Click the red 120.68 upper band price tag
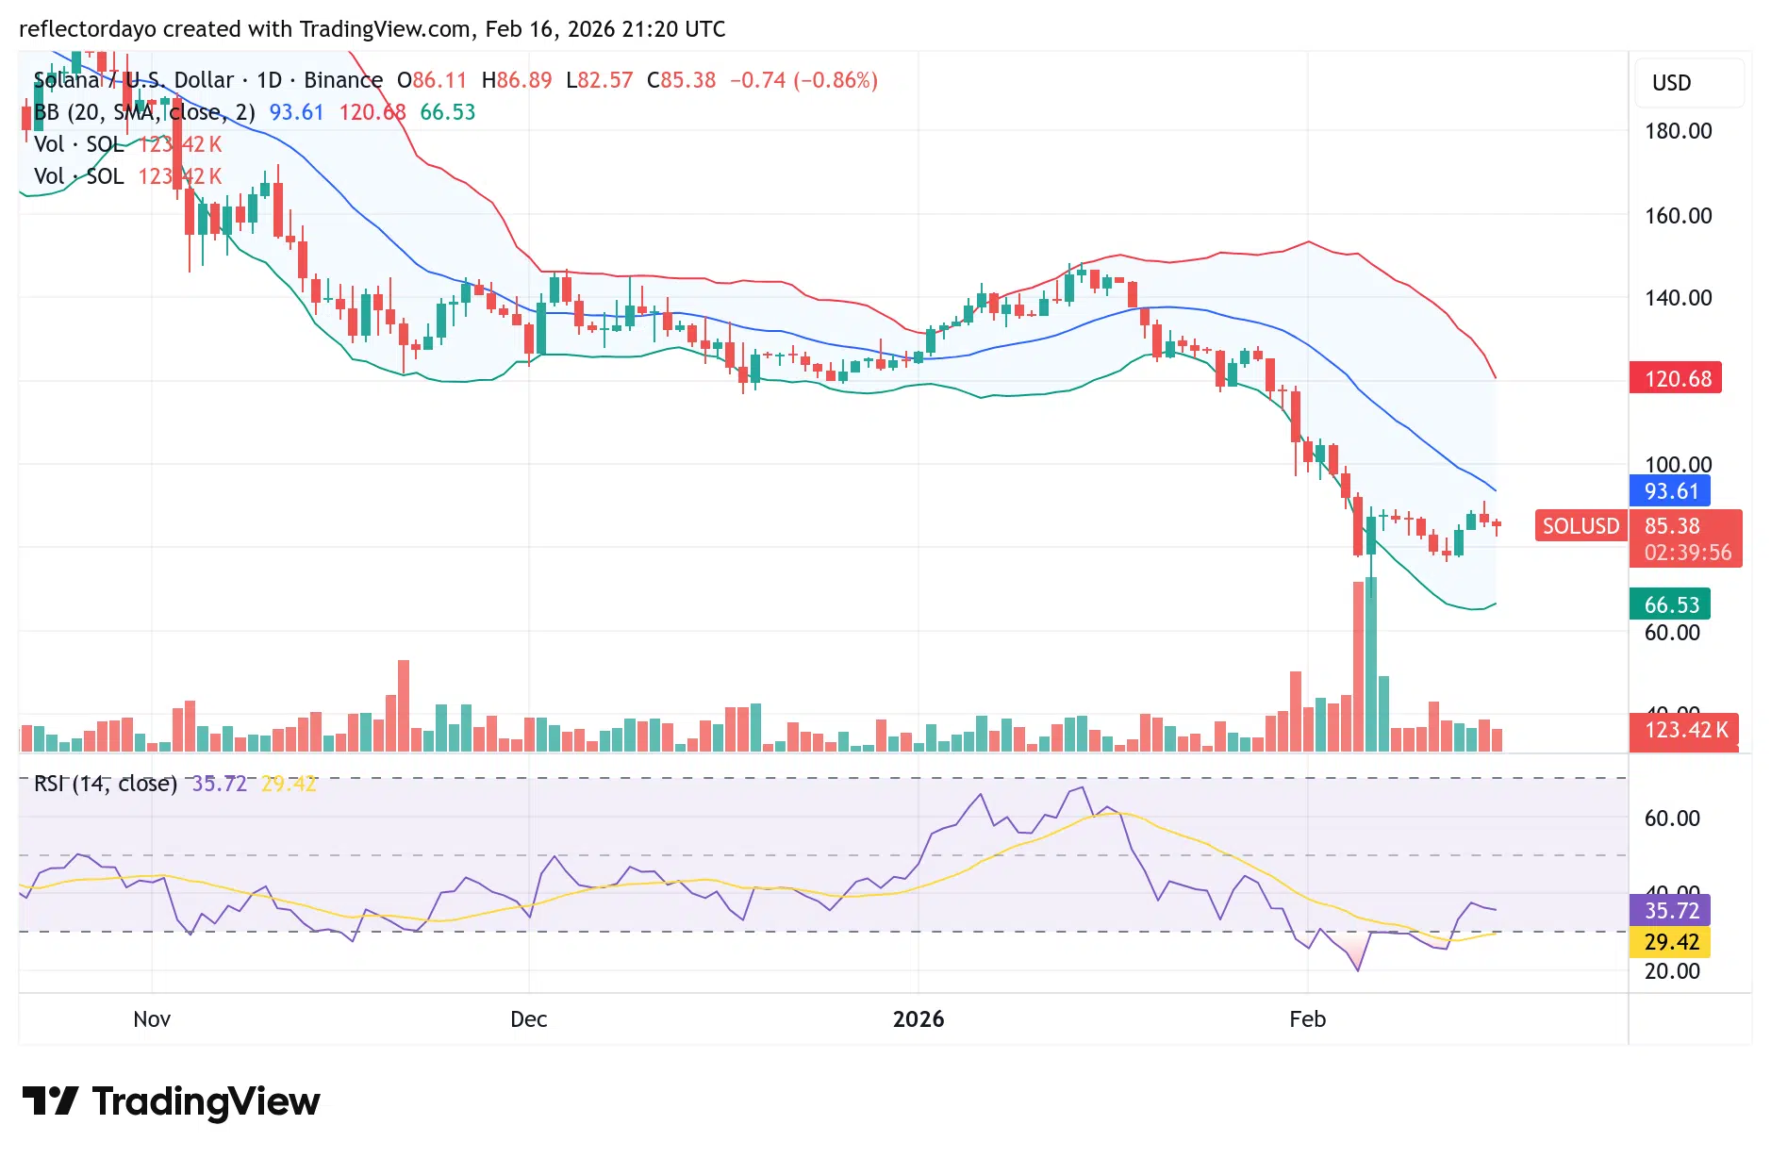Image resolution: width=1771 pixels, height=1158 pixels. pyautogui.click(x=1676, y=378)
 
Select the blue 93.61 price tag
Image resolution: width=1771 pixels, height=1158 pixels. pyautogui.click(x=1670, y=490)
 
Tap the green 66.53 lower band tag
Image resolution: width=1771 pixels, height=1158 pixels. pyautogui.click(x=1670, y=604)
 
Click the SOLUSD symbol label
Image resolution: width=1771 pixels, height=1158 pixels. pyautogui.click(x=1581, y=526)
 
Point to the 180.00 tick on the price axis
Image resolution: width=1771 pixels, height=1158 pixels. pyautogui.click(x=1678, y=131)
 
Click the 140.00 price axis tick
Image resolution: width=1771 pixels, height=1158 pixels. pyautogui.click(x=1678, y=298)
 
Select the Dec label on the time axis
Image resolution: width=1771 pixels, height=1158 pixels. pyautogui.click(x=528, y=1019)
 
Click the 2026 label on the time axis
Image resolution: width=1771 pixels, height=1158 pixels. pyautogui.click(x=918, y=1019)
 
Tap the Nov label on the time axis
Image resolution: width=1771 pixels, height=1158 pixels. pyautogui.click(x=152, y=1019)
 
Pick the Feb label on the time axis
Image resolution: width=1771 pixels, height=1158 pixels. pyautogui.click(x=1307, y=1019)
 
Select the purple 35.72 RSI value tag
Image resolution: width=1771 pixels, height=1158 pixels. pyautogui.click(x=1670, y=911)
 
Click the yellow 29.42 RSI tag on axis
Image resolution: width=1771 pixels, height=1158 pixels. pyautogui.click(x=1670, y=942)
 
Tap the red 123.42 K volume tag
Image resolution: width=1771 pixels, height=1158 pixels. pyautogui.click(x=1685, y=730)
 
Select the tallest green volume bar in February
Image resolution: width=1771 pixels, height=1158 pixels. pyautogui.click(x=1371, y=665)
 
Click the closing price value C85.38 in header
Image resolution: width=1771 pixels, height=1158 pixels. pyautogui.click(x=682, y=80)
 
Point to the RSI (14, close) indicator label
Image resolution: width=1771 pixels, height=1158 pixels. pyautogui.click(x=106, y=784)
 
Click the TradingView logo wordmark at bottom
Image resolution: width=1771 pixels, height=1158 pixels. pyautogui.click(x=206, y=1101)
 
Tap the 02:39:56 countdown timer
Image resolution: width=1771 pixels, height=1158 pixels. pyautogui.click(x=1687, y=553)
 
